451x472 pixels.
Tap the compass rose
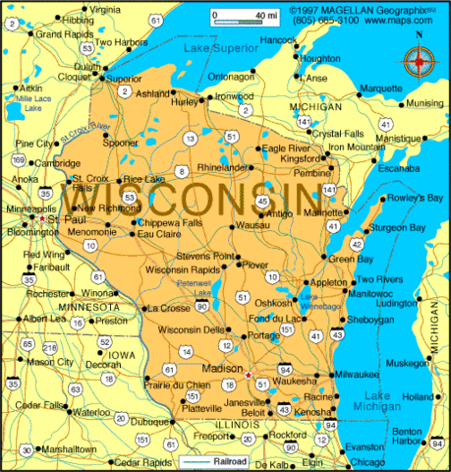[x=420, y=62]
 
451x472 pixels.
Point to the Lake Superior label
[x=216, y=46]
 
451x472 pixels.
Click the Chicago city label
[x=367, y=461]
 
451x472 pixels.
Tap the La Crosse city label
[x=167, y=308]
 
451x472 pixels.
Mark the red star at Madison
[x=248, y=375]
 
